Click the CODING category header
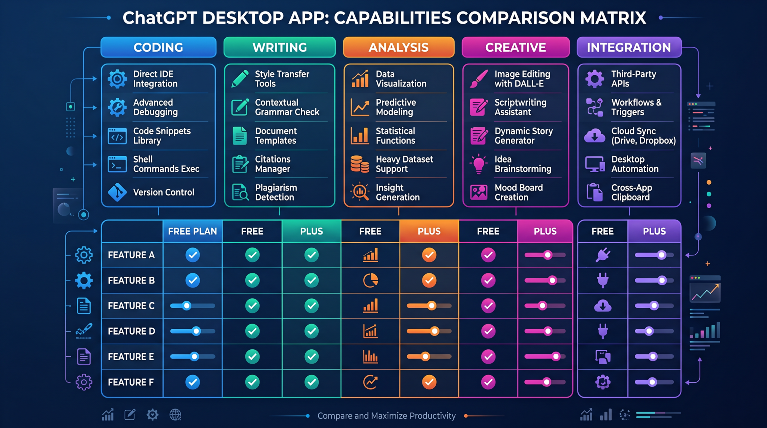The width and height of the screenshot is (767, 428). point(158,47)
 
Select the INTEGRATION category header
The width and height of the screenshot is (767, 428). point(629,47)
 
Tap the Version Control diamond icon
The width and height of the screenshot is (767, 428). point(117,192)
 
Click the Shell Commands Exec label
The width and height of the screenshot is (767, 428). point(166,164)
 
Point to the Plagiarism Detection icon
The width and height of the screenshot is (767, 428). point(240,192)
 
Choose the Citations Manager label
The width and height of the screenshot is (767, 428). point(273,164)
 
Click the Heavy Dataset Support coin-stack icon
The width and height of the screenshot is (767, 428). point(360,164)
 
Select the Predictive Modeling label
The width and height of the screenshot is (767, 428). point(396,107)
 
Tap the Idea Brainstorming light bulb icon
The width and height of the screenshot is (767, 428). point(479,164)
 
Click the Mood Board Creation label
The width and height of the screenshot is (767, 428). point(519,192)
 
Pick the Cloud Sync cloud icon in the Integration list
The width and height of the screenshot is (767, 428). point(595,136)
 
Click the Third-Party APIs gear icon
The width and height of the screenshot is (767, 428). point(595,79)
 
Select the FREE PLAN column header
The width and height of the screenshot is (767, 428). point(192,231)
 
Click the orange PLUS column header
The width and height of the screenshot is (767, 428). point(429,231)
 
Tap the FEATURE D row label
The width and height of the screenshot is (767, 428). point(131,331)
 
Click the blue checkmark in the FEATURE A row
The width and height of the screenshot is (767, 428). point(192,255)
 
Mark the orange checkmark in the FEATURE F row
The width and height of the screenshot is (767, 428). point(429,382)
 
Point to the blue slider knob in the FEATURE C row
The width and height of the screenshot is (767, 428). point(187,306)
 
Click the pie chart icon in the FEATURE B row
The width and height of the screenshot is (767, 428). point(370,280)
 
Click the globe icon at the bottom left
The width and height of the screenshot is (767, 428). point(175,415)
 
